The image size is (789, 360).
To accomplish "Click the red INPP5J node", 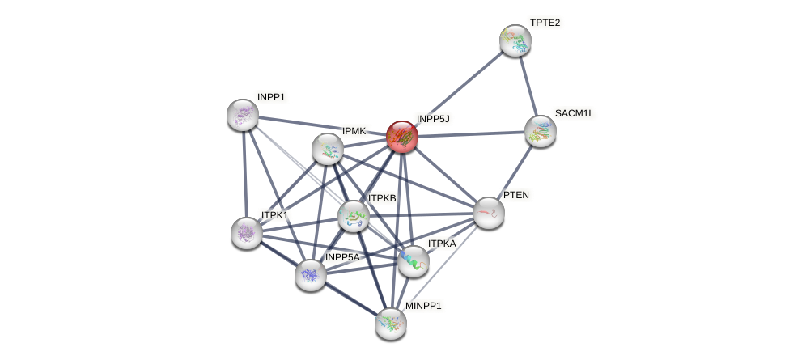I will [402, 137].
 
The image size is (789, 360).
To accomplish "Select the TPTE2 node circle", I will [515, 40].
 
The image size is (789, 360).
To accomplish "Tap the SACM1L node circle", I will [540, 131].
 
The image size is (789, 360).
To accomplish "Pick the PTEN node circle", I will [489, 213].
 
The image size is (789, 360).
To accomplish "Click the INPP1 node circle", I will [243, 115].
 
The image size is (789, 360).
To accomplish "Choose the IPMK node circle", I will [328, 149].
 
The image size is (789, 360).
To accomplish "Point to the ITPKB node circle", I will [354, 216].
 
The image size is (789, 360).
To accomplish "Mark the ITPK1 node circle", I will [247, 233].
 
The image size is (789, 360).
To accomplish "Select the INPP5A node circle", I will [311, 275].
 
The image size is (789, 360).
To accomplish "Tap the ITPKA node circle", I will [414, 261].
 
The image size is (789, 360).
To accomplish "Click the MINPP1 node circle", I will [391, 324].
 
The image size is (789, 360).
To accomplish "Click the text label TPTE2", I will [545, 23].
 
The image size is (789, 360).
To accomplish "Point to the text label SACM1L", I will [574, 113].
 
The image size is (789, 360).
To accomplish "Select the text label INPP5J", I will [433, 119].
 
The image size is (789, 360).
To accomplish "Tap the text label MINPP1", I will [423, 306].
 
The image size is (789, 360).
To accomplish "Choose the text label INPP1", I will [271, 97].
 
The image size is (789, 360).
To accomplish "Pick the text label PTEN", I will [515, 195].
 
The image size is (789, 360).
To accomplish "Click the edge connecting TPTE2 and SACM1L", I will [527, 85].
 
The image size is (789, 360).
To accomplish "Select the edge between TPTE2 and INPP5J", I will [459, 88].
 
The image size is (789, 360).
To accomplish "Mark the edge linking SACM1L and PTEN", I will [515, 172].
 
